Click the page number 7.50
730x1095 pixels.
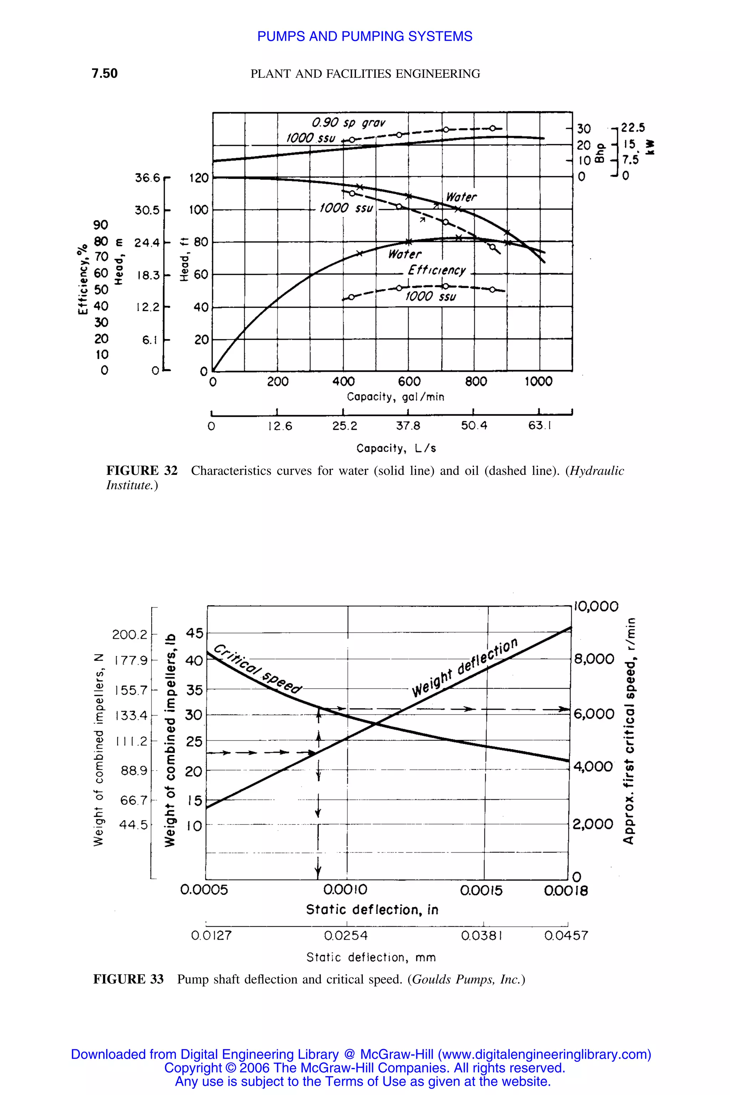(104, 73)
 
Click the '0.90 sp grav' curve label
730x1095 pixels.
(348, 123)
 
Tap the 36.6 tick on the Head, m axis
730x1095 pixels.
(147, 178)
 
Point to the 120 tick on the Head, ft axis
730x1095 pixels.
(199, 178)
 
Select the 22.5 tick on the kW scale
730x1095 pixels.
(633, 128)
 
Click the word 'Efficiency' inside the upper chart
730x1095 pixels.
(437, 270)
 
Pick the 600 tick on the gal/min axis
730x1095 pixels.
(409, 382)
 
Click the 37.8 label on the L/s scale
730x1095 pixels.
(408, 426)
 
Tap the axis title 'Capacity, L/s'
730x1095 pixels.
(396, 448)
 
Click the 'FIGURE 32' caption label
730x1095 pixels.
(142, 471)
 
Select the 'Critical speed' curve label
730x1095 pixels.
(257, 669)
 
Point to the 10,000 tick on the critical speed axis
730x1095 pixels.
(596, 606)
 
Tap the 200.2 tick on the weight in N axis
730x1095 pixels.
(129, 634)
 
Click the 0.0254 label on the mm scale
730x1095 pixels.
(346, 935)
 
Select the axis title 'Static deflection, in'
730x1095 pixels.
(372, 910)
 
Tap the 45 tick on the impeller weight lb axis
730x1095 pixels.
(195, 633)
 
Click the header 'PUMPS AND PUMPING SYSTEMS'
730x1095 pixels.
(365, 36)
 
